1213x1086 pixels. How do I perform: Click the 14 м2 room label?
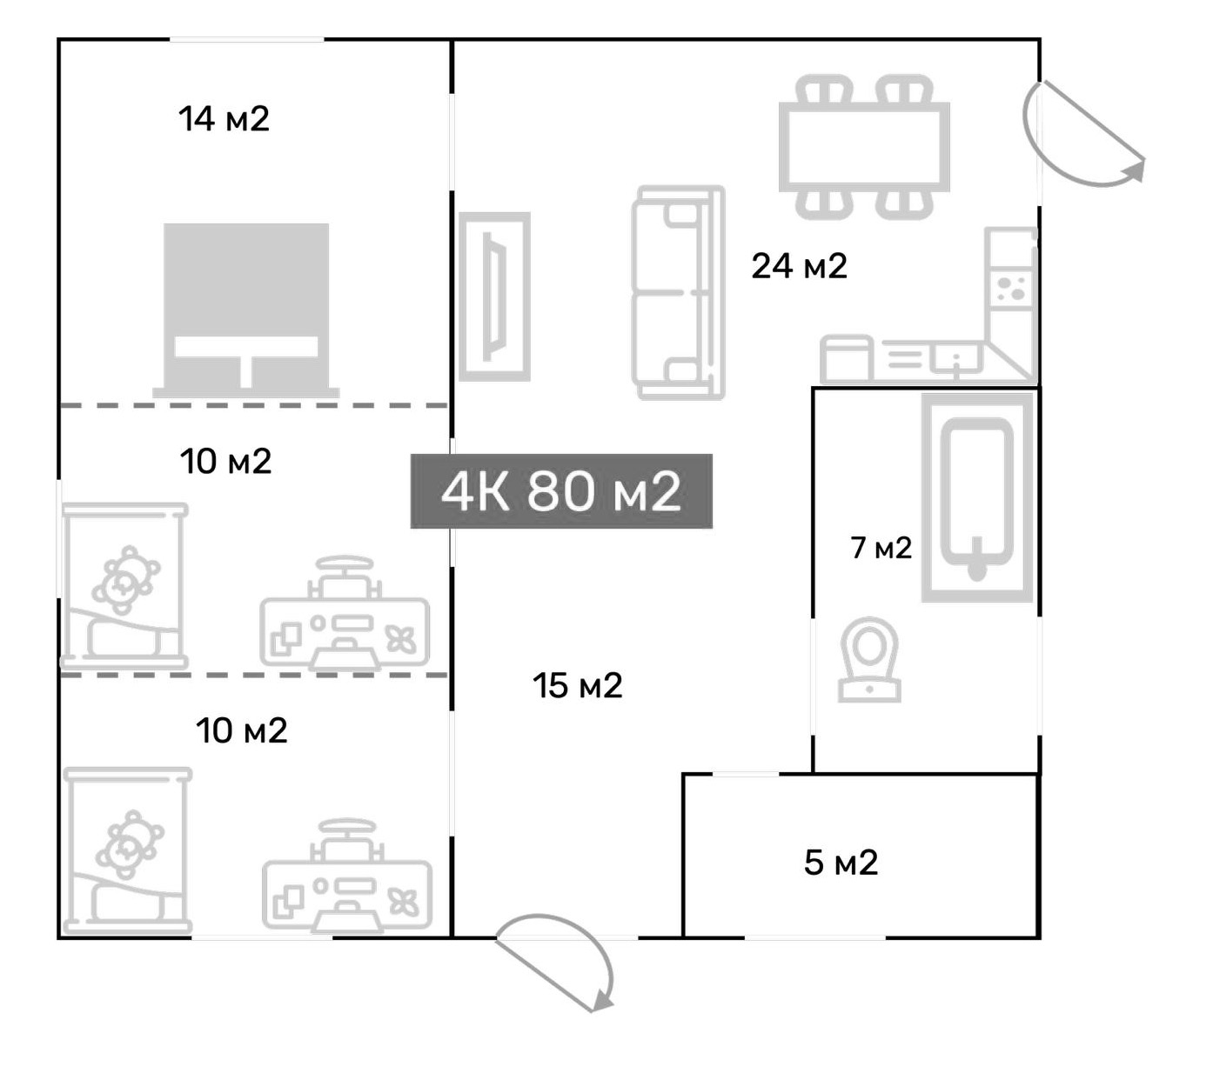pos(224,118)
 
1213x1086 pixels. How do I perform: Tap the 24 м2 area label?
pos(799,266)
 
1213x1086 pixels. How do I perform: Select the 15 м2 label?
pos(577,686)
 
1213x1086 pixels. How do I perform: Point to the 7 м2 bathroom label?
pos(881,548)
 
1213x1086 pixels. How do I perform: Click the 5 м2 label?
pos(841,863)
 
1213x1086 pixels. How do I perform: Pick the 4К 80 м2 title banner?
pos(561,491)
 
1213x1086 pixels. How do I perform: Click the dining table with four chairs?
pos(864,147)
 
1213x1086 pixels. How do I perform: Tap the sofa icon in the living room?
pos(679,293)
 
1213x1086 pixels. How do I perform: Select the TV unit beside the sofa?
pos(494,296)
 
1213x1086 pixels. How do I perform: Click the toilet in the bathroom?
pos(869,659)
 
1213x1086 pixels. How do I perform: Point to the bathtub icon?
pos(977,497)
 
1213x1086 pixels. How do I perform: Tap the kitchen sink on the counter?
pos(955,357)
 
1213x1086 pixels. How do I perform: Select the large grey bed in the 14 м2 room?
pos(246,310)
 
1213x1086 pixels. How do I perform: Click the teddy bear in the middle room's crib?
pos(125,580)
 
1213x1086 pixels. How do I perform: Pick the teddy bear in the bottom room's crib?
pos(130,844)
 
